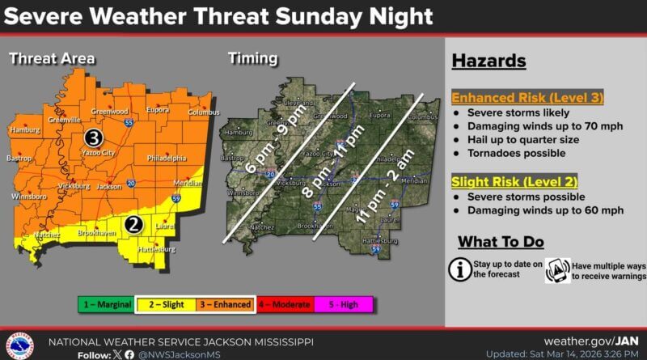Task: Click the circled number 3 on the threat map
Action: pyautogui.click(x=94, y=138)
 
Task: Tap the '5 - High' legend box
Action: pyautogui.click(x=345, y=304)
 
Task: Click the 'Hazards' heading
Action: pyautogui.click(x=488, y=61)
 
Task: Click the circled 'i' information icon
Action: pyautogui.click(x=461, y=269)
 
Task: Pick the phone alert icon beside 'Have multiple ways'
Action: pyautogui.click(x=558, y=269)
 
